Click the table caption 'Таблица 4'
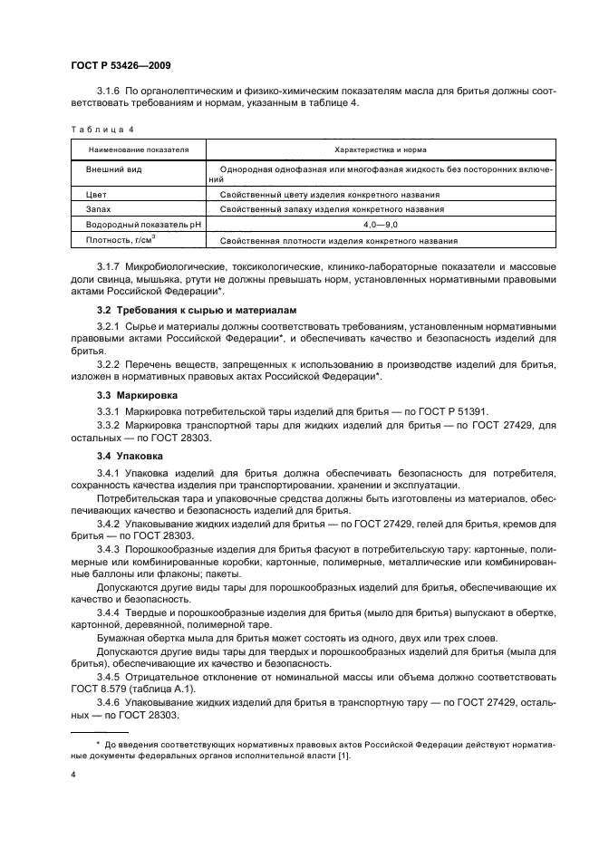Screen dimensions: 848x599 (x=95, y=130)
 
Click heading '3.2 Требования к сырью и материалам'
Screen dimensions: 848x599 (x=184, y=311)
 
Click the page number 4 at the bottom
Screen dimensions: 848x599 (x=73, y=775)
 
